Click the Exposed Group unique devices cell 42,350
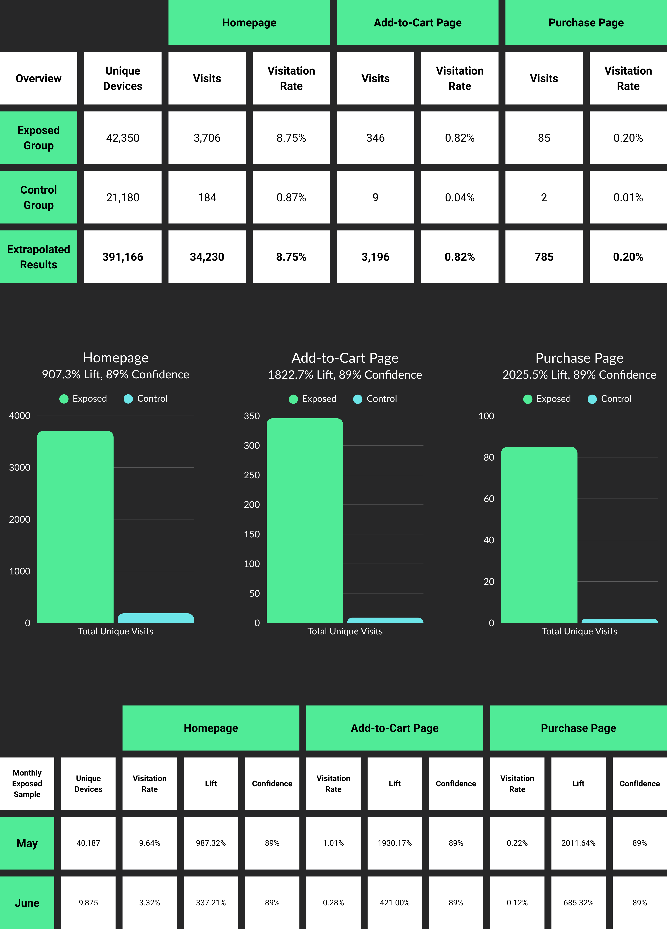(123, 138)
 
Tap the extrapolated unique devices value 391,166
(123, 257)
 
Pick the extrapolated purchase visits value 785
(544, 257)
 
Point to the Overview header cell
(39, 78)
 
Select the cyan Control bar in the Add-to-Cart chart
(385, 620)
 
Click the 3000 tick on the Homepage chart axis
(20, 467)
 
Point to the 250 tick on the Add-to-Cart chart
(252, 475)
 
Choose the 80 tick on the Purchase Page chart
(489, 457)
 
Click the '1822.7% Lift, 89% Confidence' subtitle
(345, 375)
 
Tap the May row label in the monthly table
(27, 843)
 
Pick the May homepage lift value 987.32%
(211, 843)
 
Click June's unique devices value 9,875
(88, 902)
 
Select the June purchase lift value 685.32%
(578, 902)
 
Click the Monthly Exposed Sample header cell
(27, 783)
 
